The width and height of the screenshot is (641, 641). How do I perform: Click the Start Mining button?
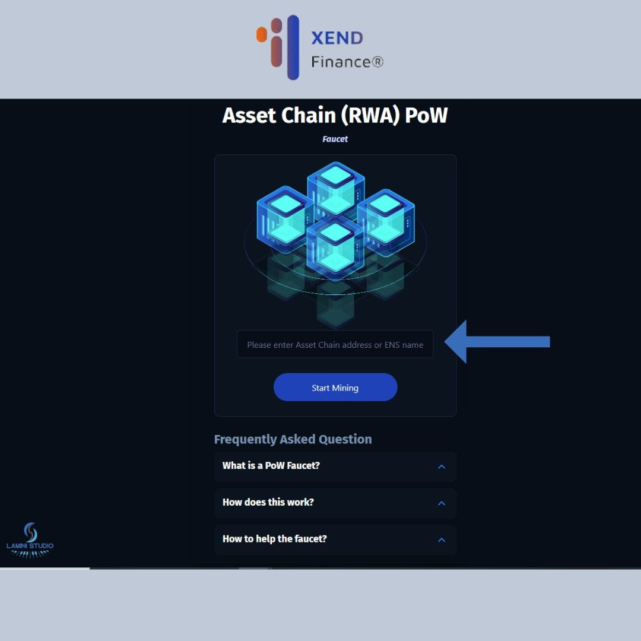(335, 388)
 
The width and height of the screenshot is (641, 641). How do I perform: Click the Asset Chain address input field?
(335, 345)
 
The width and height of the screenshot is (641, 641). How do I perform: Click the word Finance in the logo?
(341, 61)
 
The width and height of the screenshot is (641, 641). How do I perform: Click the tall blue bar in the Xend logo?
(293, 47)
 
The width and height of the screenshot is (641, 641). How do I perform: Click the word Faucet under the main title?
(335, 139)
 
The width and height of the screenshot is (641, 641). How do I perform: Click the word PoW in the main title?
(426, 115)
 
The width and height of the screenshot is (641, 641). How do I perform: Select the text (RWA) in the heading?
(370, 115)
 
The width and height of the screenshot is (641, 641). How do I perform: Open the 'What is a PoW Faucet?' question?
(271, 466)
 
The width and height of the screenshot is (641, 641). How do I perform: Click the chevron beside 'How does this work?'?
(442, 503)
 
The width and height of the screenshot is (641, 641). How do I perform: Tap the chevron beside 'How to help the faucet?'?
(442, 540)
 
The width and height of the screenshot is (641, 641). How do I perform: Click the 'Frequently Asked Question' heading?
(293, 439)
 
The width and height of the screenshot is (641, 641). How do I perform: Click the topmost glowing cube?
(335, 187)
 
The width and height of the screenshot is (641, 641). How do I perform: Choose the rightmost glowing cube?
(386, 217)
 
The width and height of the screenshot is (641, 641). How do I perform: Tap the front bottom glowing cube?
(335, 246)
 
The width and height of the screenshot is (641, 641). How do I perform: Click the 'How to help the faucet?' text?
(275, 539)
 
